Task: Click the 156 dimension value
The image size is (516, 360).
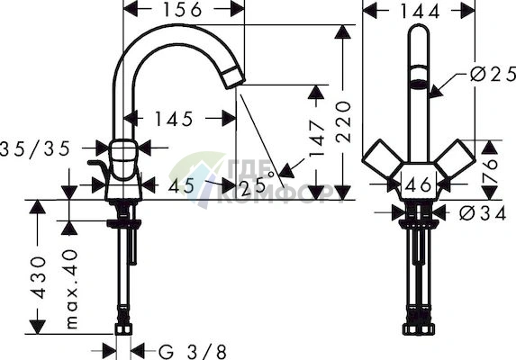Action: tap(182, 10)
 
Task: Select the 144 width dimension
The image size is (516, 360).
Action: tap(420, 12)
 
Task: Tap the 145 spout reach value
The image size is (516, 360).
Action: tap(174, 119)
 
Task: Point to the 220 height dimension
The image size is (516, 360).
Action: tap(343, 122)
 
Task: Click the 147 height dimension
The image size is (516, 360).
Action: tap(317, 138)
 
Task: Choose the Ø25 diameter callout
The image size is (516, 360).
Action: tap(493, 74)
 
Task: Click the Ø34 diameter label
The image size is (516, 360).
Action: tap(483, 214)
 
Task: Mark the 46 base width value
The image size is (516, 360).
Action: tap(418, 184)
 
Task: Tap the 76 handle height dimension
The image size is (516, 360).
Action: tap(490, 168)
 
